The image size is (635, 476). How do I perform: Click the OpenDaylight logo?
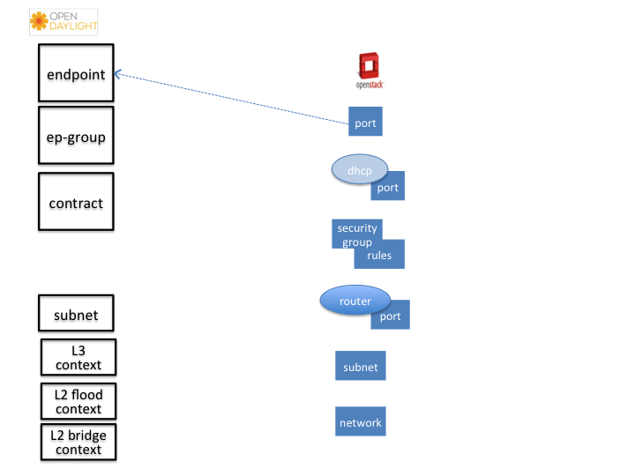pyautogui.click(x=63, y=22)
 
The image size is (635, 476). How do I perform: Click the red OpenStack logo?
pyautogui.click(x=370, y=71)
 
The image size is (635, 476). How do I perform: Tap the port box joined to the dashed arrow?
pyautogui.click(x=365, y=122)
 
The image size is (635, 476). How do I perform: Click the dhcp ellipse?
pyautogui.click(x=360, y=169)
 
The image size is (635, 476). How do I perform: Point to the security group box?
pyautogui.click(x=357, y=234)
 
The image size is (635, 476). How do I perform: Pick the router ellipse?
pyautogui.click(x=355, y=301)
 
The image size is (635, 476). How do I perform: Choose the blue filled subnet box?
pyautogui.click(x=361, y=366)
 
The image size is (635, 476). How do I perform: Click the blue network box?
pyautogui.click(x=361, y=421)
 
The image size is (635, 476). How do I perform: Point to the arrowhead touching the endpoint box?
pyautogui.click(x=117, y=74)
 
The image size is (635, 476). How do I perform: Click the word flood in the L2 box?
pyautogui.click(x=86, y=394)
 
